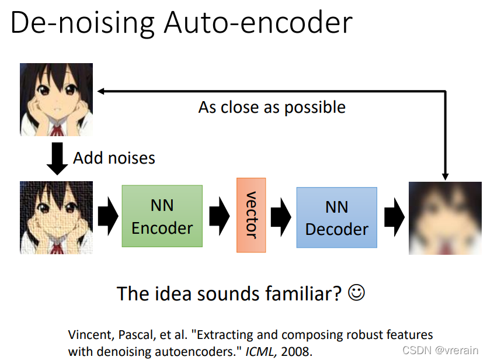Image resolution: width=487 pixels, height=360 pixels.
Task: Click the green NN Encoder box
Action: pos(162,216)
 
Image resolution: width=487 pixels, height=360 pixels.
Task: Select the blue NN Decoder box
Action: pos(336,217)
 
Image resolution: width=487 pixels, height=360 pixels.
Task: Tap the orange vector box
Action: pos(251,215)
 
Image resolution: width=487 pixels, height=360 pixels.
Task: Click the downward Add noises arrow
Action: pos(57,160)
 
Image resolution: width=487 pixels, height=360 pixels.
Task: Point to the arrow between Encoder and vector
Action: pos(220,216)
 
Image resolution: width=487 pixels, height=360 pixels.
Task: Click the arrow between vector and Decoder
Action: pos(281,216)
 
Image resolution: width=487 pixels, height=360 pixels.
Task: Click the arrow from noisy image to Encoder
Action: pos(107,216)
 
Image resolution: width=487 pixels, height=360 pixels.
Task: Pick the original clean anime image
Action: pos(57,99)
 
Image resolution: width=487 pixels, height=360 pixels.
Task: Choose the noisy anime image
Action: pos(57,217)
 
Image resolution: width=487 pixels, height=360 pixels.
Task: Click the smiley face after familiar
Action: pos(356,292)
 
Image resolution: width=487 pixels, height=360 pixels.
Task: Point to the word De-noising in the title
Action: pos(82,23)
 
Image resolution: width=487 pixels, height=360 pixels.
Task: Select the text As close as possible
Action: pos(272,108)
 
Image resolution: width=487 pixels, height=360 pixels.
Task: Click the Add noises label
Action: pos(114,158)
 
